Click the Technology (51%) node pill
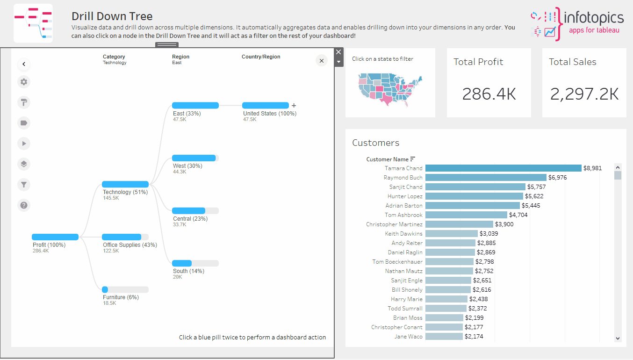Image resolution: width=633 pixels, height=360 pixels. click(125, 184)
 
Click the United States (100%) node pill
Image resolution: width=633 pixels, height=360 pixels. click(266, 106)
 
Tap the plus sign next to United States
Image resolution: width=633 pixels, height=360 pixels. click(294, 106)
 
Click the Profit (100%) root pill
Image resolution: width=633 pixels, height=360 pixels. click(55, 237)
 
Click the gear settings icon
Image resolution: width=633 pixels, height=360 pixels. click(24, 82)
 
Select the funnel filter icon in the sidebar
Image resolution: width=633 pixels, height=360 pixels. click(24, 185)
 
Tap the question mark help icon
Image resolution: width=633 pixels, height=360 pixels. click(24, 205)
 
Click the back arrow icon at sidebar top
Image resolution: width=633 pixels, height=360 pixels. click(24, 64)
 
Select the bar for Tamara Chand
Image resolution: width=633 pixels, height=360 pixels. click(503, 168)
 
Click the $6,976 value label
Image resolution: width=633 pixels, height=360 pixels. click(558, 178)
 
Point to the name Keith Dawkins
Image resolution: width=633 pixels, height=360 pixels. click(403, 234)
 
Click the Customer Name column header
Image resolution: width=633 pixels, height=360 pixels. click(388, 159)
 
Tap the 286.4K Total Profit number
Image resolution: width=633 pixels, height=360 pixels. click(489, 94)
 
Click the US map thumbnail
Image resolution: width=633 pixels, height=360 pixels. click(390, 89)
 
